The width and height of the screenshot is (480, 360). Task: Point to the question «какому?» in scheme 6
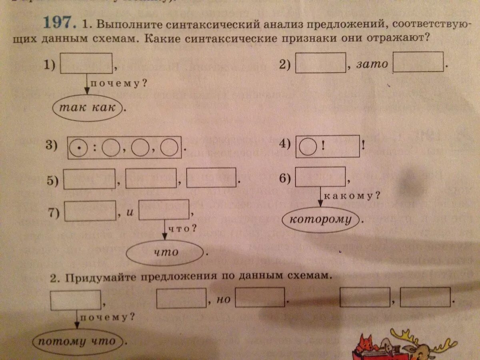352,196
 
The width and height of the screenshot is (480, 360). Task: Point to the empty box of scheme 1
86,64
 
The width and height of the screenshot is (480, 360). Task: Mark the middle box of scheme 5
151,178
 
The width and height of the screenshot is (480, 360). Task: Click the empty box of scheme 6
320,176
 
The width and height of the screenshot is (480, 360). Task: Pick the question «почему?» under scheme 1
117,84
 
